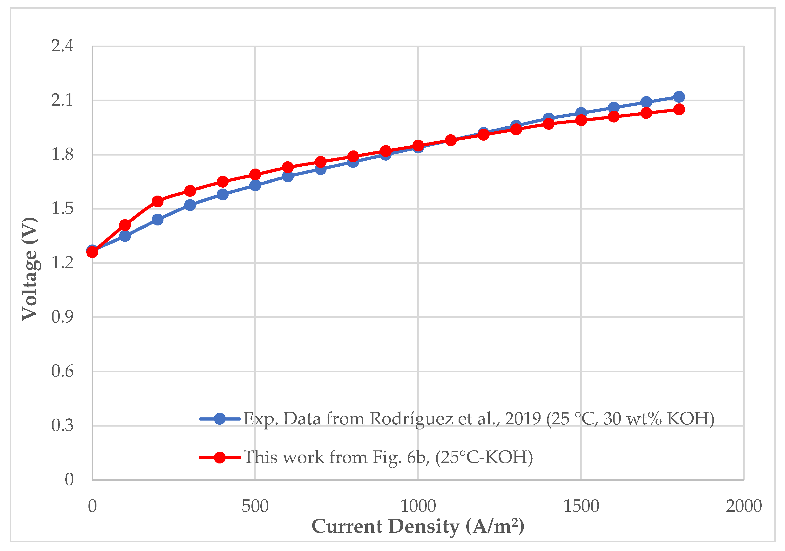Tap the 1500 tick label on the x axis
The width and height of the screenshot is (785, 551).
pyautogui.click(x=581, y=507)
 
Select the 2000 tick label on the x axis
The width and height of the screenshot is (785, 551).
pyautogui.click(x=744, y=507)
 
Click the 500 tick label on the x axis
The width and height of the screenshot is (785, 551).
pyautogui.click(x=255, y=507)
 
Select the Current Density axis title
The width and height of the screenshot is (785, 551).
pyautogui.click(x=418, y=526)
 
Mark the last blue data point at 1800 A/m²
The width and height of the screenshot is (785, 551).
pyautogui.click(x=679, y=97)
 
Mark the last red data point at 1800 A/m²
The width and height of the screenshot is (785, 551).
pyautogui.click(x=679, y=109)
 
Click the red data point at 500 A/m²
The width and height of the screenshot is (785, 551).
pyautogui.click(x=255, y=174)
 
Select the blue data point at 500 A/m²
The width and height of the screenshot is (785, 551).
pyautogui.click(x=255, y=185)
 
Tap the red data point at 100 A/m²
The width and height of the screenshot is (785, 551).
pyautogui.click(x=125, y=225)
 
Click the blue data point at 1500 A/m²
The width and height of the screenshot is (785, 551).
pyautogui.click(x=581, y=113)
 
